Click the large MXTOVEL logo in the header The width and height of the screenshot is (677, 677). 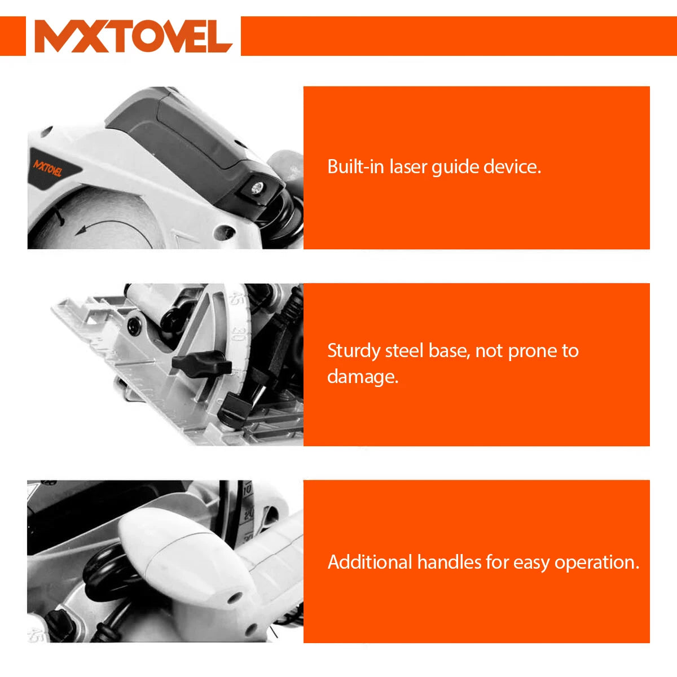click(x=133, y=36)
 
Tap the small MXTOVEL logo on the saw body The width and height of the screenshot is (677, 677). click(x=48, y=168)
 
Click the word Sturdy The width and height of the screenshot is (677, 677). click(x=353, y=351)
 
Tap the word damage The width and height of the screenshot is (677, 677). click(x=363, y=377)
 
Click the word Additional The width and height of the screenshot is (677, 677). click(x=370, y=562)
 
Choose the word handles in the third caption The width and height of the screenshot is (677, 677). click(x=449, y=562)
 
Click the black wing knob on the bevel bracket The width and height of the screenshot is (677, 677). click(x=201, y=364)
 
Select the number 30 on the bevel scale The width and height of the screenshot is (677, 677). click(x=238, y=334)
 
